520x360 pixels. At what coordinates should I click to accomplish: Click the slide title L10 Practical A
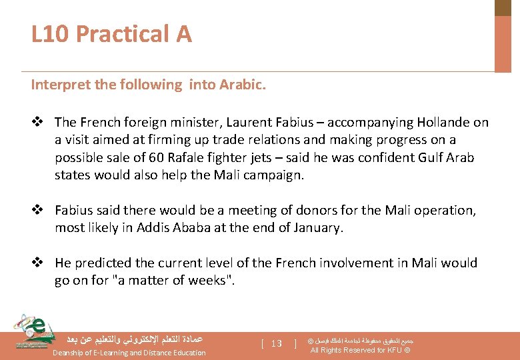click(x=111, y=33)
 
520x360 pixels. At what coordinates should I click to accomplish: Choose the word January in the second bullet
click(x=317, y=228)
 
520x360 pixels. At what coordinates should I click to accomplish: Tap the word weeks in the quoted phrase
click(x=208, y=281)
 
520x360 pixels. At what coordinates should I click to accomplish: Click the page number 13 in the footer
click(x=277, y=344)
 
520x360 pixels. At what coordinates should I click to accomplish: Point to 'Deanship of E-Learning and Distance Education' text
click(x=129, y=353)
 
